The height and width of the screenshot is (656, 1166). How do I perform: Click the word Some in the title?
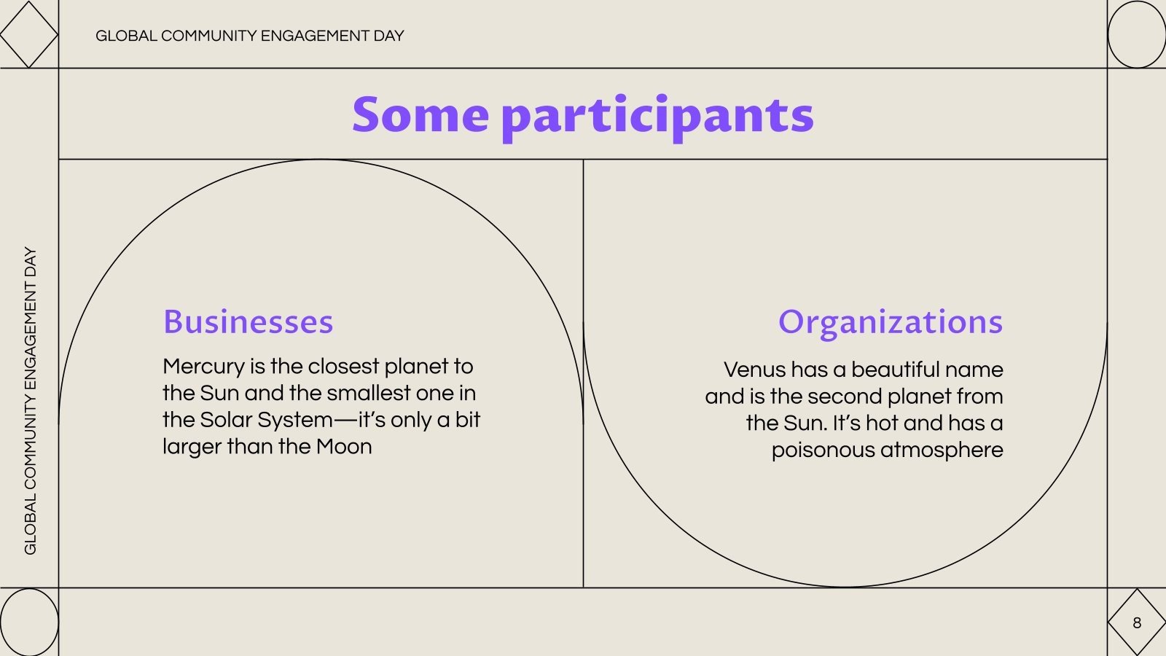[420, 115]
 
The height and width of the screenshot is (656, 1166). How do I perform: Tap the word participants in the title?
[657, 117]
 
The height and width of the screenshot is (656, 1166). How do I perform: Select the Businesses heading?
[248, 321]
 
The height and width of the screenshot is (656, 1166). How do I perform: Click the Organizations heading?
[890, 321]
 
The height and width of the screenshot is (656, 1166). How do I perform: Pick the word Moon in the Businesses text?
[344, 446]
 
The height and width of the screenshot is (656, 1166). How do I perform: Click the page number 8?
[1136, 622]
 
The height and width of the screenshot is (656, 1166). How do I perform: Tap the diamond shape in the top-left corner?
[28, 34]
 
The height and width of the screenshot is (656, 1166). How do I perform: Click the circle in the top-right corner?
[1136, 34]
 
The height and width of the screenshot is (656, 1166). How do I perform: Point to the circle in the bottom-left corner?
[28, 622]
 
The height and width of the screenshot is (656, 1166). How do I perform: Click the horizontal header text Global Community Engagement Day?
[249, 36]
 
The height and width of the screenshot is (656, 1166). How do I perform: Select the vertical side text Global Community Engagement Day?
[30, 400]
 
